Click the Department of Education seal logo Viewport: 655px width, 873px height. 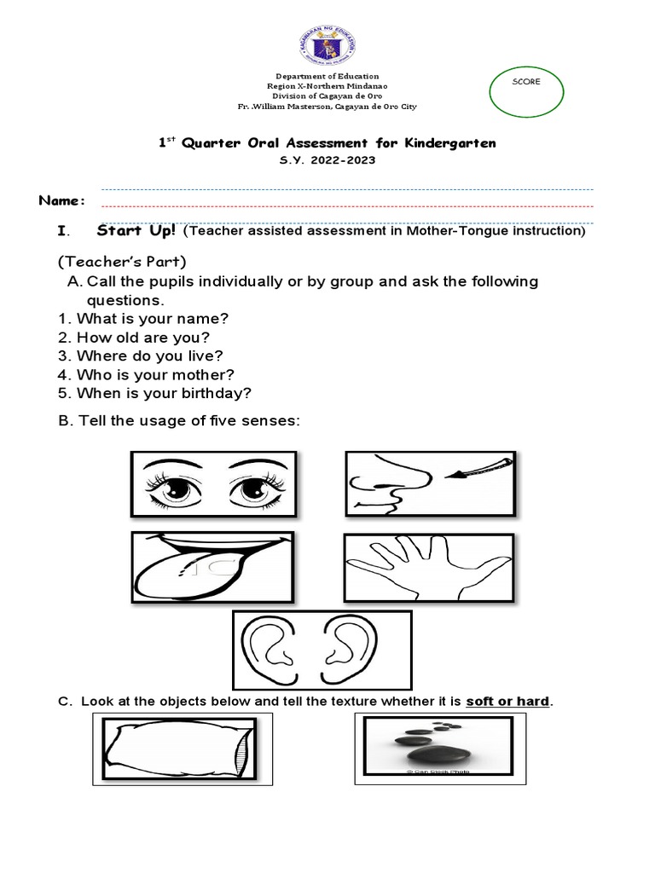pyautogui.click(x=327, y=38)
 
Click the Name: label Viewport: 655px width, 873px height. pyautogui.click(x=62, y=200)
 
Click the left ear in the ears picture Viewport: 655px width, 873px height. pyautogui.click(x=264, y=647)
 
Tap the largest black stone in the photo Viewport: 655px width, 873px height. pyautogui.click(x=429, y=755)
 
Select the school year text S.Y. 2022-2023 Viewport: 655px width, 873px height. pyautogui.click(x=327, y=159)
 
